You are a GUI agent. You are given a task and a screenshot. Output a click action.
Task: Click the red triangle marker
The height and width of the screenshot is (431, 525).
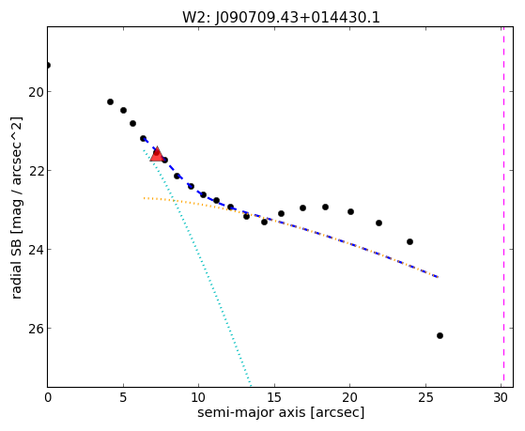pos(157,154)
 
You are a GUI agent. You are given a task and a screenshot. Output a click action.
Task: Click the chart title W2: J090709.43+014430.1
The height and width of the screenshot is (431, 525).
pos(281,17)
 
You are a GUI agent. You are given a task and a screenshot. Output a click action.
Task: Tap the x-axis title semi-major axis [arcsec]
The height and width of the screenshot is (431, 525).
pos(281,412)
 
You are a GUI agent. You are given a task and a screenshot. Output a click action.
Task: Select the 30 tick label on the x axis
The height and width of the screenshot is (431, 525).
pos(501,398)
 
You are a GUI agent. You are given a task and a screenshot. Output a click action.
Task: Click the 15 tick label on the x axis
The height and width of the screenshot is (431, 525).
pos(274,398)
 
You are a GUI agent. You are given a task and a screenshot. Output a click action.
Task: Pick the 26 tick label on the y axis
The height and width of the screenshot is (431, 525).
pos(36,329)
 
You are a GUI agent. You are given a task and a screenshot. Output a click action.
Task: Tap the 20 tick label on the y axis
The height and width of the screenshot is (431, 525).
pos(36,92)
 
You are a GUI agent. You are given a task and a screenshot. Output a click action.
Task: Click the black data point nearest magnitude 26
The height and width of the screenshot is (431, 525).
pos(440,335)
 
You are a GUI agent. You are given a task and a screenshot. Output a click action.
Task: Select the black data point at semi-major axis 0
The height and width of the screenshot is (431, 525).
pos(48,65)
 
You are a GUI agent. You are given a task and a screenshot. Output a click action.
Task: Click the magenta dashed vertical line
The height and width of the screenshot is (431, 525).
pos(503,207)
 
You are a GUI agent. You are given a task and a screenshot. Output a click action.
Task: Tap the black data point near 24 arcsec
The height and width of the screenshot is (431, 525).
pos(409,241)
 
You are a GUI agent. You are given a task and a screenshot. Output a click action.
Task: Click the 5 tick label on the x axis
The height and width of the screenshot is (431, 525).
pos(123,398)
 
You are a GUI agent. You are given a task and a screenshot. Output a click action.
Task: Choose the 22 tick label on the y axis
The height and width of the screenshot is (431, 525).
pos(36,171)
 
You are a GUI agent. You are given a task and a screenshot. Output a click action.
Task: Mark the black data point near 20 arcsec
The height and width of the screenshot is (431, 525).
pos(350,211)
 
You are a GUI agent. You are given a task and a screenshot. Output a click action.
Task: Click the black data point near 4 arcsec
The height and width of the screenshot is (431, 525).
pos(110,101)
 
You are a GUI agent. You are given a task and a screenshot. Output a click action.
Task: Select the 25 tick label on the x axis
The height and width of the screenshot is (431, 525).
pos(425,398)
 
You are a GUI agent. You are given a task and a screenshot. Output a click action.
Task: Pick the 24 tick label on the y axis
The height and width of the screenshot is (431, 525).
pos(36,250)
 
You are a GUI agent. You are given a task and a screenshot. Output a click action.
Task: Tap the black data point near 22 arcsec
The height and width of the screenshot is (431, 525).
pos(378,223)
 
